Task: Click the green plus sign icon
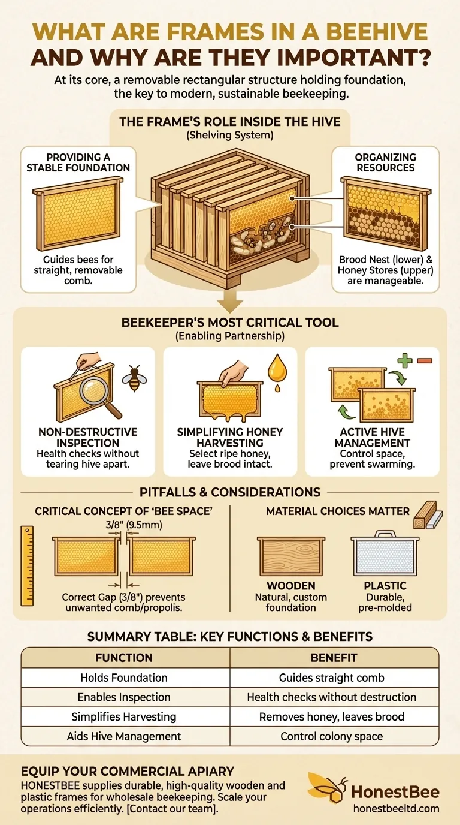click(405, 360)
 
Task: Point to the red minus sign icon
click(424, 360)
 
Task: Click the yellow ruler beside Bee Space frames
click(27, 566)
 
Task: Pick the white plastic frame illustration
click(385, 553)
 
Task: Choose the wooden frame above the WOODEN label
click(291, 556)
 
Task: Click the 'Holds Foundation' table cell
click(124, 678)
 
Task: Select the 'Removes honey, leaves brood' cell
click(332, 716)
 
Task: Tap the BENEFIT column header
click(334, 657)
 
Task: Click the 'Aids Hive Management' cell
click(124, 736)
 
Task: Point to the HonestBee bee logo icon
click(328, 787)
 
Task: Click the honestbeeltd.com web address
click(397, 808)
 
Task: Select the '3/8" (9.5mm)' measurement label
click(134, 525)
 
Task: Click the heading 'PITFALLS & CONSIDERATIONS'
click(230, 492)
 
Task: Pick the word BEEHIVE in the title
click(377, 32)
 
